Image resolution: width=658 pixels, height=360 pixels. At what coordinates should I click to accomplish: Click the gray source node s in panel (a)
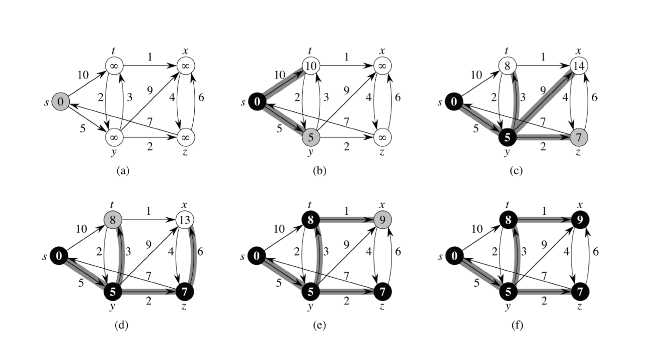(x=61, y=101)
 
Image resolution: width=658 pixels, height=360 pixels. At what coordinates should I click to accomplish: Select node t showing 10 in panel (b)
(x=311, y=65)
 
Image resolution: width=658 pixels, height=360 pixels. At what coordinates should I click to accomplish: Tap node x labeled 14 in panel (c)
(x=579, y=65)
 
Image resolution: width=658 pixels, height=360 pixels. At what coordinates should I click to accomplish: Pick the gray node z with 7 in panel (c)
(x=579, y=137)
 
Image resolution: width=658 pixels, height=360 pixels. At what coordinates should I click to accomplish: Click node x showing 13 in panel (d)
(x=185, y=219)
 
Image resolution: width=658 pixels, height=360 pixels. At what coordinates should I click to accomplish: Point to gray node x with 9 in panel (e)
(x=382, y=219)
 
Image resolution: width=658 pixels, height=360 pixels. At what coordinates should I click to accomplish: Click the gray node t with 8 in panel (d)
(x=114, y=219)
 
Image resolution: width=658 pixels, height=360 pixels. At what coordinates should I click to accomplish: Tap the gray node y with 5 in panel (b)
(x=311, y=137)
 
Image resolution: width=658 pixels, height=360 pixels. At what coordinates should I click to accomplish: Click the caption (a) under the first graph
(x=123, y=171)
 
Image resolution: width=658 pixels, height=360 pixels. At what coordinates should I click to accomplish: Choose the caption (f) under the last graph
(x=517, y=325)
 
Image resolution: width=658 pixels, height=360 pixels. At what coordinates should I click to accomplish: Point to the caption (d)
(x=121, y=325)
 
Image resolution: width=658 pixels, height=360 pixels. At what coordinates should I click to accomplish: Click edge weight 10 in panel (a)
(x=83, y=74)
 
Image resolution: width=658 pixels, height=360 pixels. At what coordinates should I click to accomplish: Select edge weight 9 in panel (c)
(x=543, y=90)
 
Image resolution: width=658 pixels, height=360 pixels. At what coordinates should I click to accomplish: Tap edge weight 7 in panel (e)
(x=346, y=276)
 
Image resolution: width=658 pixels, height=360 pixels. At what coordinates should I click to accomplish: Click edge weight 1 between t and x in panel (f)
(x=544, y=210)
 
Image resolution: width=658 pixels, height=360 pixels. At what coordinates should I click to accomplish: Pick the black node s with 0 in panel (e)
(x=257, y=256)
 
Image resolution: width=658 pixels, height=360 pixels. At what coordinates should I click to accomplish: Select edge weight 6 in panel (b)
(x=398, y=97)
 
